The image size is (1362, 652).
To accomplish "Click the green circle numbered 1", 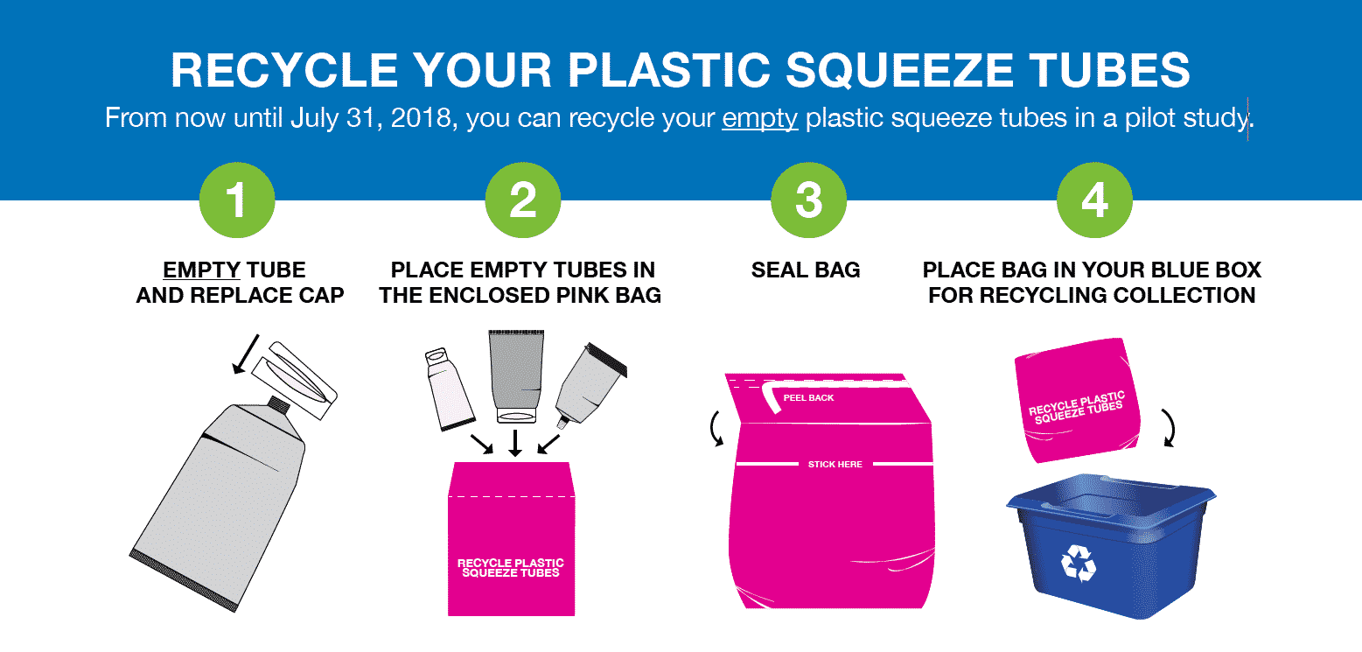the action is (237, 200).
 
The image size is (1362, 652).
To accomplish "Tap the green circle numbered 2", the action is (523, 200).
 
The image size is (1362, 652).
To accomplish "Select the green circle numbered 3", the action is (808, 200).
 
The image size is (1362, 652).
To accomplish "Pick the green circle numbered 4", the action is (1094, 200).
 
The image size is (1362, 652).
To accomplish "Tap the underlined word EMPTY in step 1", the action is (202, 270).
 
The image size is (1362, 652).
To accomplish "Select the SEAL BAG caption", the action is (806, 270).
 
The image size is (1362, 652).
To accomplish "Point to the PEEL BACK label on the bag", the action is (808, 398).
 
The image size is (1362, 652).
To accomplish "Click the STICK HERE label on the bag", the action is (835, 464).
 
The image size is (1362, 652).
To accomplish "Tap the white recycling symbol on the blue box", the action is (1079, 563).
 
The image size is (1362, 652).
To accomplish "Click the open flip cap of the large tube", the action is (294, 380).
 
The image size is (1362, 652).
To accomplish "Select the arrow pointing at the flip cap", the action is (246, 354).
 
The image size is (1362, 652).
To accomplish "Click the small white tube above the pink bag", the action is (450, 389).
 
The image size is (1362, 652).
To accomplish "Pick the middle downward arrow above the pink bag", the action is (515, 444).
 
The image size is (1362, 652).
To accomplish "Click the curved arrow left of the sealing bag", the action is (716, 429).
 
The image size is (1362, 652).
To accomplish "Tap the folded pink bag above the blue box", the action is (1077, 400).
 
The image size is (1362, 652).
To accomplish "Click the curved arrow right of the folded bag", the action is (1170, 428).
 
